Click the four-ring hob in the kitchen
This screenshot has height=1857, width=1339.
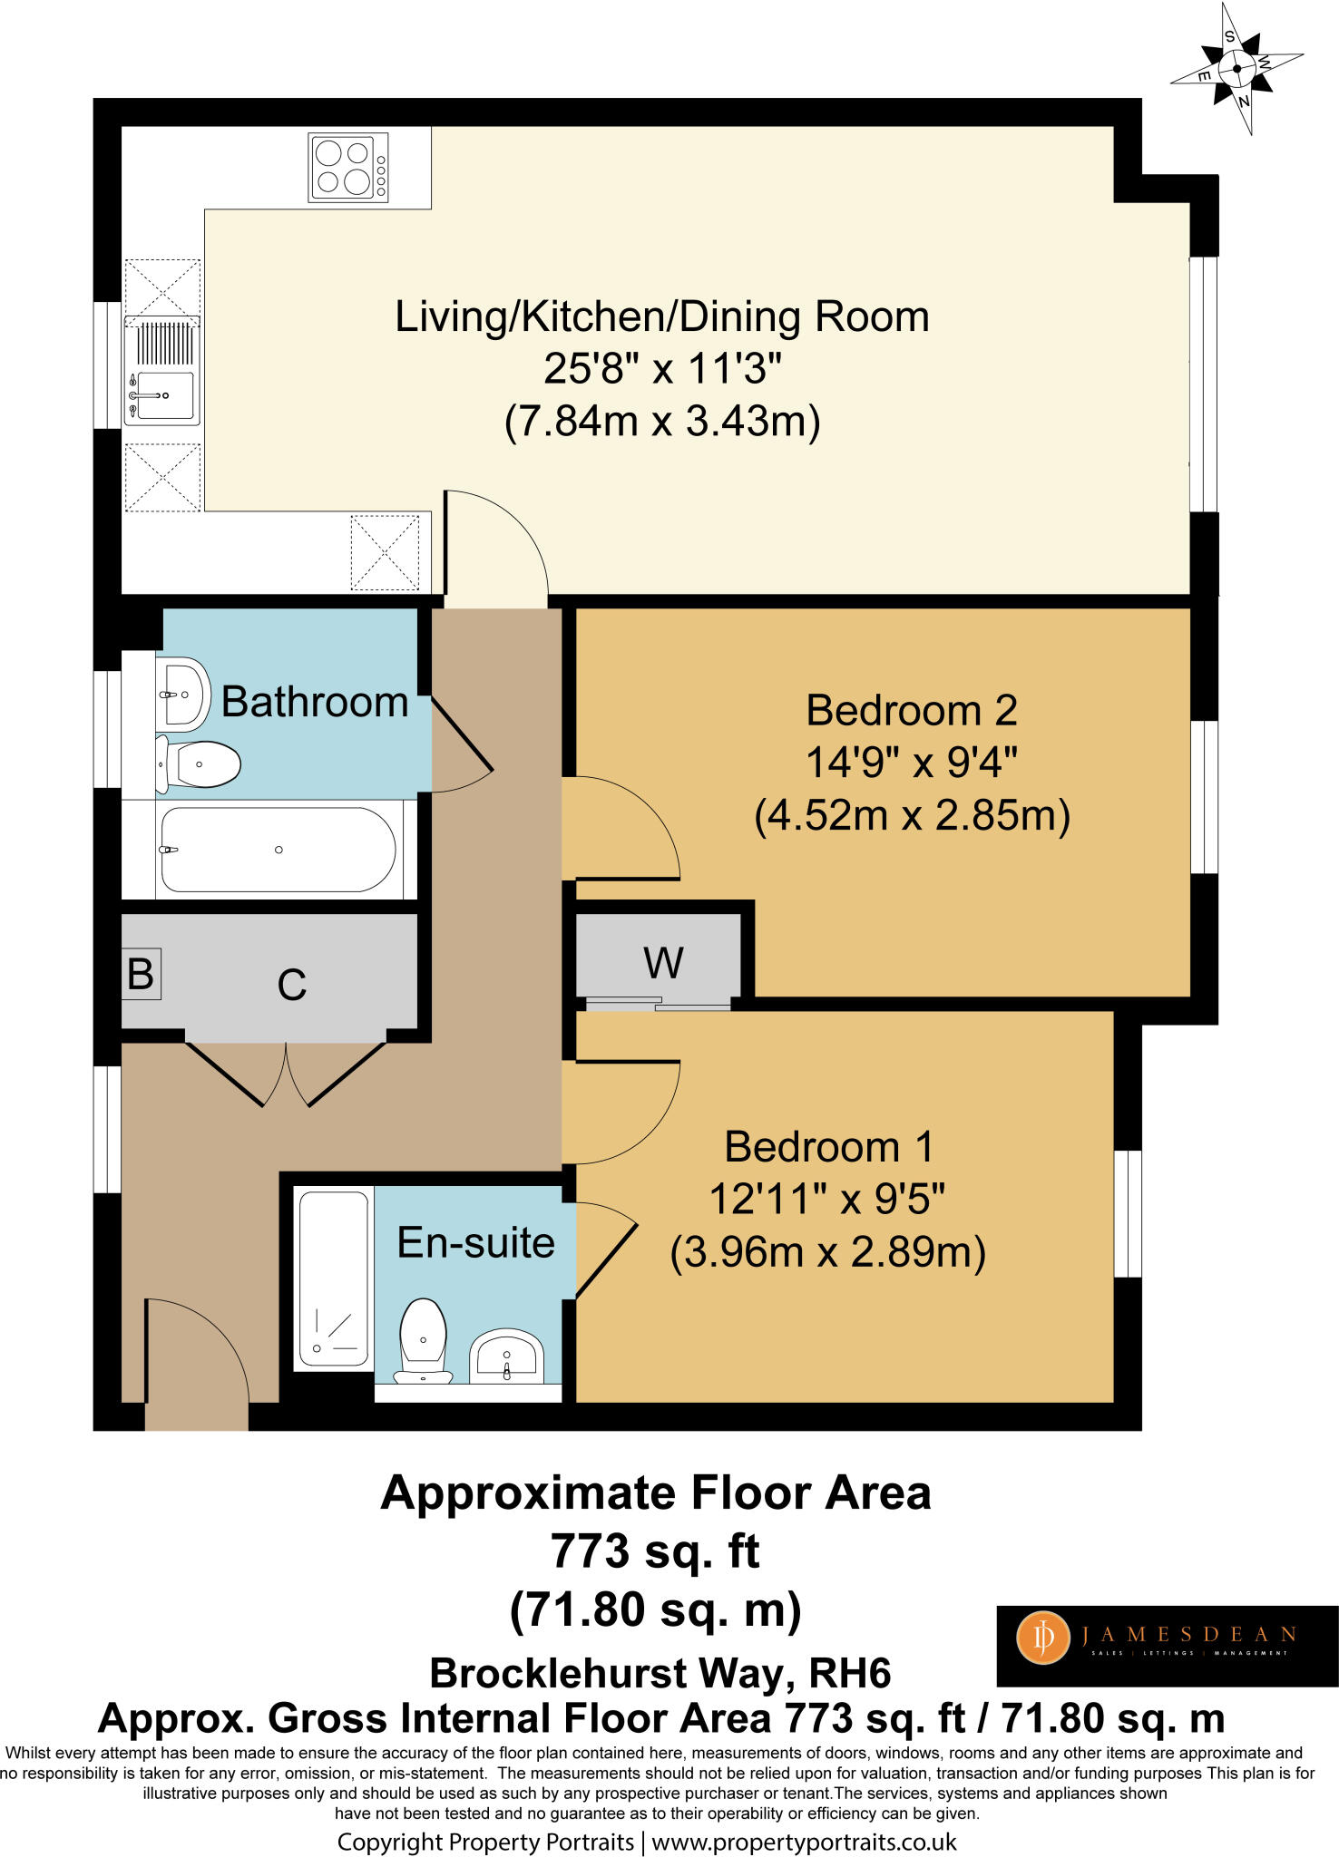click(x=348, y=167)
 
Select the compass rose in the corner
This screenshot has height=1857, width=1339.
click(x=1237, y=69)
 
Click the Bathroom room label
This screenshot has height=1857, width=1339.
click(x=315, y=702)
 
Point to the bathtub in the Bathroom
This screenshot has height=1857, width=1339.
click(x=278, y=850)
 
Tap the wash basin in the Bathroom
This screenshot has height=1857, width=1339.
click(x=183, y=695)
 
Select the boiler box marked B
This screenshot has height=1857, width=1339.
click(x=141, y=974)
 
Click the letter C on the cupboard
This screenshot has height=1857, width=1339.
click(x=292, y=985)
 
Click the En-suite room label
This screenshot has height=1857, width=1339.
click(x=475, y=1242)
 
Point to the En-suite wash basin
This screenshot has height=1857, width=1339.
click(x=506, y=1357)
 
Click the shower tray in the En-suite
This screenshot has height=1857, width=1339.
click(x=333, y=1279)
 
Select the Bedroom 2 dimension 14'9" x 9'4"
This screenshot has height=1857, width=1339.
click(x=912, y=763)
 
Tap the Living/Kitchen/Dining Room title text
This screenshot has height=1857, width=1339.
click(x=662, y=317)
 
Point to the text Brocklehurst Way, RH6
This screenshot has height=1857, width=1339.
click(x=660, y=1673)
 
